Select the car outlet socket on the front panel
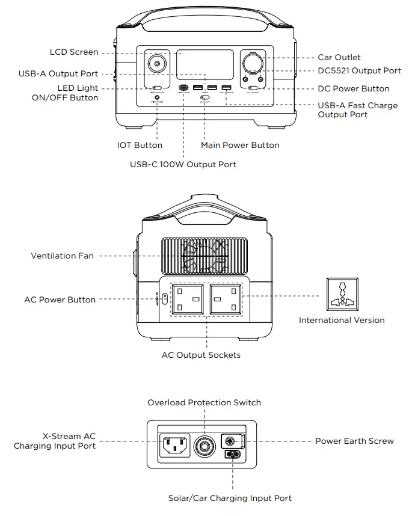point(253,62)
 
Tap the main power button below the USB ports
point(206,97)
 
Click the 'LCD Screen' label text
point(74,52)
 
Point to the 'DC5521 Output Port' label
point(359,70)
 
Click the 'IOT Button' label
point(140,145)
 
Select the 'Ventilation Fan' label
point(63,256)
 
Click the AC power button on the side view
point(165,299)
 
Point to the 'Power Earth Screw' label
point(354,441)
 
